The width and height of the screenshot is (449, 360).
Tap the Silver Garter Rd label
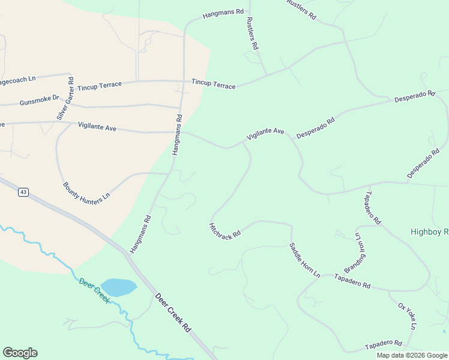click(x=65, y=98)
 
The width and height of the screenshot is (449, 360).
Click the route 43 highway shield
click(x=23, y=192)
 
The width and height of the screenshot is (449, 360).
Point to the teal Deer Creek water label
click(x=94, y=290)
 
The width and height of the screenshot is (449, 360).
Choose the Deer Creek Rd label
click(x=172, y=313)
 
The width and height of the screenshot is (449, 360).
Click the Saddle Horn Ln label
click(x=304, y=260)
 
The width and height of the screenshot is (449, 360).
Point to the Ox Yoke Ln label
click(x=406, y=316)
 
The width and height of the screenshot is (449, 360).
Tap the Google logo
click(x=20, y=353)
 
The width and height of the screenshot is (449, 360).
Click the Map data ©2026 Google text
click(x=412, y=355)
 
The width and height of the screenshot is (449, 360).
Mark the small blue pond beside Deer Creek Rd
click(x=118, y=287)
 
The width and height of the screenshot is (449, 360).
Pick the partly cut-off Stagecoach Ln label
click(x=18, y=79)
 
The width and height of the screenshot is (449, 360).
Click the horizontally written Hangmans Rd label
click(x=223, y=12)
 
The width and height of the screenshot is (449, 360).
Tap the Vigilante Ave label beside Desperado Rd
click(x=265, y=134)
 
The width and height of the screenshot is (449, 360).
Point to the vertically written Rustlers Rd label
click(x=252, y=32)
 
